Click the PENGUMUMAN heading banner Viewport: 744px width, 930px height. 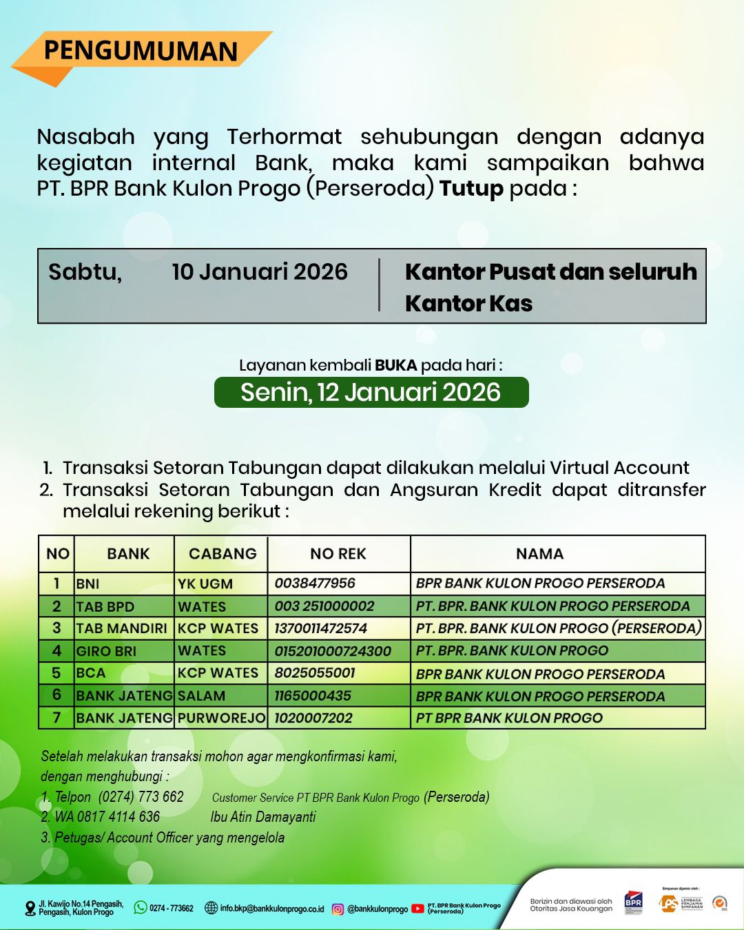[141, 51]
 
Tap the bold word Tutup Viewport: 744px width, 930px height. [471, 188]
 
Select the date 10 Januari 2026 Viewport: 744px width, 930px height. [260, 271]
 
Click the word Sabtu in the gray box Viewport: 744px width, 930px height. [85, 272]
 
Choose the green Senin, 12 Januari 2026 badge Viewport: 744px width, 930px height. [371, 392]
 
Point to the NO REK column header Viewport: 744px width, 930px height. [338, 554]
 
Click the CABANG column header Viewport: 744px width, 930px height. [223, 554]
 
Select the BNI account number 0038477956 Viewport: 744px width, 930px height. [315, 583]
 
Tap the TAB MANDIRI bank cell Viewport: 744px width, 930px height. [122, 628]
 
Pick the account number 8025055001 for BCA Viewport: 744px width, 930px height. [315, 673]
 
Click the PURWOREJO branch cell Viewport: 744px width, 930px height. [221, 718]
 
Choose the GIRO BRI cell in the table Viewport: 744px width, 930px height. [106, 651]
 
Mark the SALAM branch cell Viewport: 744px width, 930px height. [201, 696]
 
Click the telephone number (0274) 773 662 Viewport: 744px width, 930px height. [141, 797]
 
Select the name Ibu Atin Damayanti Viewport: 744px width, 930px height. [263, 817]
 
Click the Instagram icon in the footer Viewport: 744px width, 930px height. [338, 909]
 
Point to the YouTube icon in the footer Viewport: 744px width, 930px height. [417, 909]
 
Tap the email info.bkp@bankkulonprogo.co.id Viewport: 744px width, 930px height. [271, 909]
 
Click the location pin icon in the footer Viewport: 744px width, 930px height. [30, 909]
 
